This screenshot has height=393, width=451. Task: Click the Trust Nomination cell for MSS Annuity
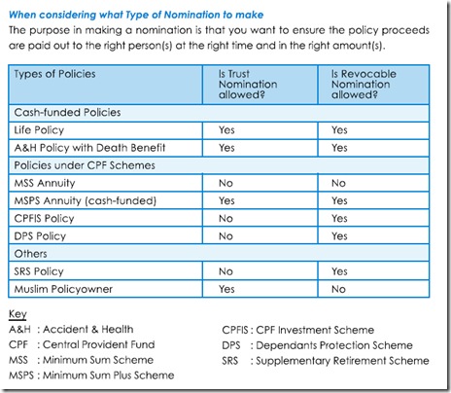[225, 183]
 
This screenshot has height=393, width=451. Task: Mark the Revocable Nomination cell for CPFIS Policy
[339, 218]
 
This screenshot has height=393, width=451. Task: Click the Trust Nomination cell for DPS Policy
[225, 235]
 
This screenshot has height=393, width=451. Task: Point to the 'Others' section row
[29, 253]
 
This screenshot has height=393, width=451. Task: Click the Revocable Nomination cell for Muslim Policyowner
[338, 289]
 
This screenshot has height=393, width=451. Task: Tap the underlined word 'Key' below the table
[19, 315]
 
